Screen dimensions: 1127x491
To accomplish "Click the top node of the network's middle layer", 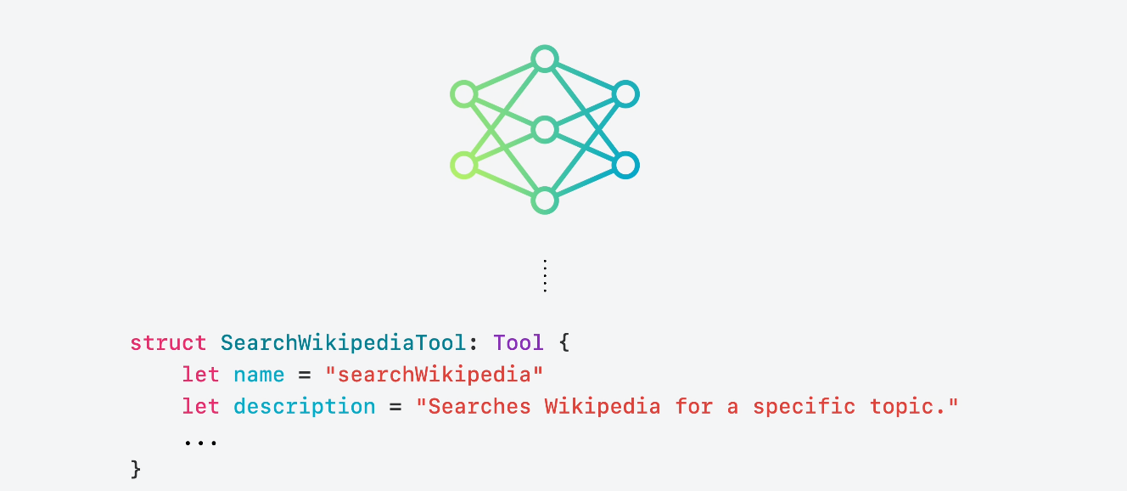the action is point(544,59).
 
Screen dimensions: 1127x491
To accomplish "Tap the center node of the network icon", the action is point(544,130).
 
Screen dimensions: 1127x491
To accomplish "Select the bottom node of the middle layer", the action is point(544,201).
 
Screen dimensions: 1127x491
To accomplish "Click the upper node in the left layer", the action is point(463,93).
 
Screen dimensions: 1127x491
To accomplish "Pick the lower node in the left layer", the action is point(463,165).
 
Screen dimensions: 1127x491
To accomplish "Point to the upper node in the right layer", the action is point(625,93).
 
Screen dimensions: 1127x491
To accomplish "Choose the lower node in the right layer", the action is point(625,165).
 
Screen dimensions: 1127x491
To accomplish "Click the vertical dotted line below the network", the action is point(545,276).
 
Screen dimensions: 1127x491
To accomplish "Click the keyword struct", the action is point(168,343).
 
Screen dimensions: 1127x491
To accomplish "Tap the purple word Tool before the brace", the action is point(518,343).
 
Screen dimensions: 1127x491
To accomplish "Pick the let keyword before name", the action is point(200,375).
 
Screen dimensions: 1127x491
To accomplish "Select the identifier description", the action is point(304,406).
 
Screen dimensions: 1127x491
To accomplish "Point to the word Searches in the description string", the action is point(479,406).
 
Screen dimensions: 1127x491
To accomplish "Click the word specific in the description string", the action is point(804,406).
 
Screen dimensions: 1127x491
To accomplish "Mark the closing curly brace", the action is point(136,468).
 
